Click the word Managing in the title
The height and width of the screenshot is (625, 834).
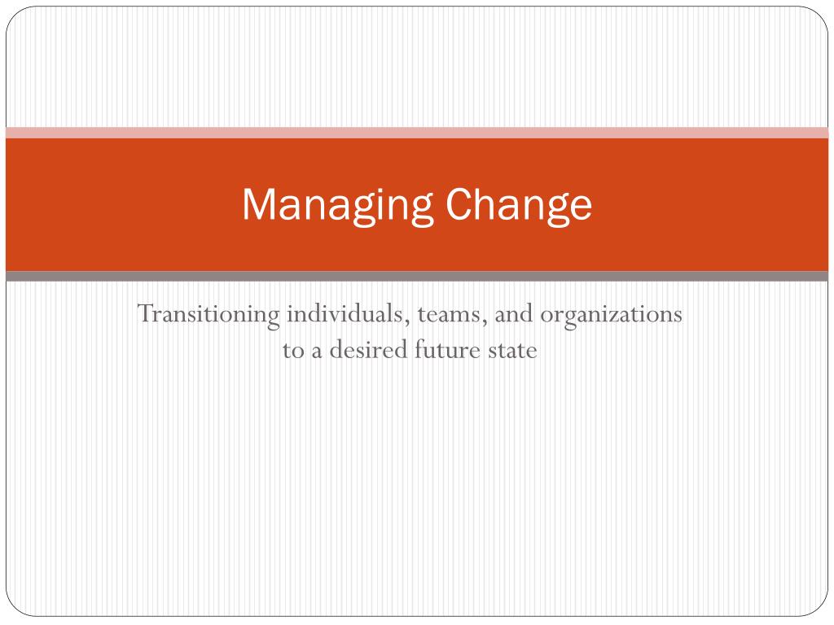pyautogui.click(x=337, y=206)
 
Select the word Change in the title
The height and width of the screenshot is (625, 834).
pyautogui.click(x=519, y=206)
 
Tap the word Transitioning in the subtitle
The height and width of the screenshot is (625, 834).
pyautogui.click(x=208, y=315)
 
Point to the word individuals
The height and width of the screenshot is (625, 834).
pyautogui.click(x=348, y=313)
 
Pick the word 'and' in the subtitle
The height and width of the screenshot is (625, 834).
pyautogui.click(x=514, y=313)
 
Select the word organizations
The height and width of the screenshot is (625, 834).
pyautogui.click(x=611, y=315)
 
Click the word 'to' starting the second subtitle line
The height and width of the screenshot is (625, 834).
pyautogui.click(x=293, y=351)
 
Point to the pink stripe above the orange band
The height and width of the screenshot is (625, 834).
pyautogui.click(x=417, y=133)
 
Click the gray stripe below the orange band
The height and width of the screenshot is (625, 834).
pyautogui.click(x=417, y=276)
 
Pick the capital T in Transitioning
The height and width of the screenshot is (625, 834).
pyautogui.click(x=146, y=313)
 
